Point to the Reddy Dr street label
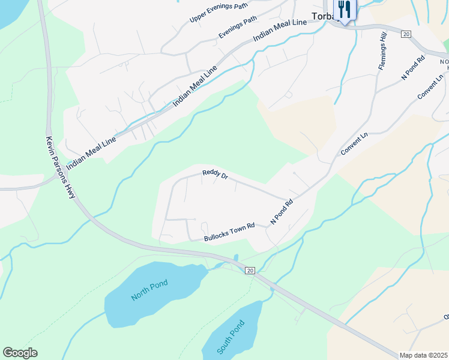pyautogui.click(x=215, y=175)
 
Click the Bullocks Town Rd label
pyautogui.click(x=229, y=233)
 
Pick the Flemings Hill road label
pyautogui.click(x=382, y=53)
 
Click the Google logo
pyautogui.click(x=20, y=353)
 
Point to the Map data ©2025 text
pyautogui.click(x=423, y=355)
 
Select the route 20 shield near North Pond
pyautogui.click(x=250, y=271)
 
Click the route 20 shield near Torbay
pyautogui.click(x=406, y=35)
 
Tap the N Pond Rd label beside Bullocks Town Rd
pyautogui.click(x=281, y=212)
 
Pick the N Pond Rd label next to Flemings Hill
pyautogui.click(x=413, y=68)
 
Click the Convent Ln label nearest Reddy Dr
pyautogui.click(x=354, y=143)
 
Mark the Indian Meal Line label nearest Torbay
pyautogui.click(x=280, y=31)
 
